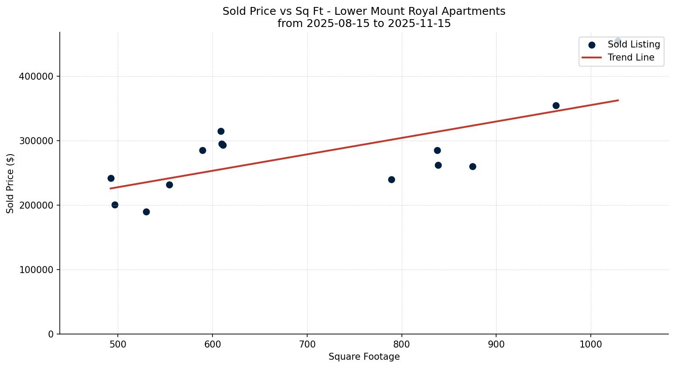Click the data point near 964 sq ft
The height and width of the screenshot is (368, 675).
(556, 105)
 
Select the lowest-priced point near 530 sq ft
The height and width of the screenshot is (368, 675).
(146, 212)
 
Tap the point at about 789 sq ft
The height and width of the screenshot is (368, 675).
(391, 179)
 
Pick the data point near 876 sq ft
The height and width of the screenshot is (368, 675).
(473, 166)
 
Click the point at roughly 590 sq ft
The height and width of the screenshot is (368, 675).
(202, 150)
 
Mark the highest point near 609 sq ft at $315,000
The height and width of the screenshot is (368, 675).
(221, 131)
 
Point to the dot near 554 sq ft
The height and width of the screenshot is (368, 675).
(169, 185)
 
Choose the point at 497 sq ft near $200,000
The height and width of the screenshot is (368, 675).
(115, 205)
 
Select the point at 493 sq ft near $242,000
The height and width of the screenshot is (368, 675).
(111, 178)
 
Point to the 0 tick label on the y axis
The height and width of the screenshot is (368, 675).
(51, 334)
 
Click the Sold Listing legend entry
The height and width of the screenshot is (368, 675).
(634, 44)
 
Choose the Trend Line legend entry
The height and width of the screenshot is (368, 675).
(631, 57)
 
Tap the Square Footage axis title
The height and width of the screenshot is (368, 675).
(364, 357)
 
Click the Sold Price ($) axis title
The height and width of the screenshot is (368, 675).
(10, 183)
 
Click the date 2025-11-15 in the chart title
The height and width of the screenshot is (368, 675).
(423, 24)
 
